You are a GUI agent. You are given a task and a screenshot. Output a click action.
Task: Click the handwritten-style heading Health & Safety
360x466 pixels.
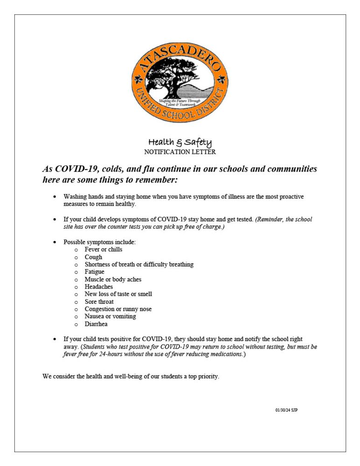click(180, 142)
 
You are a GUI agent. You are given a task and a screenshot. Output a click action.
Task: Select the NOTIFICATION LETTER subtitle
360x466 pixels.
click(180, 152)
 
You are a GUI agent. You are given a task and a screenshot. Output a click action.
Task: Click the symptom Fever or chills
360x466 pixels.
click(103, 250)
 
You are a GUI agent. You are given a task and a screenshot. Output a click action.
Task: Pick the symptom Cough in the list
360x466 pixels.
click(93, 257)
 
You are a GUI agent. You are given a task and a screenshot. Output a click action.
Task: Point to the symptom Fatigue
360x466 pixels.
click(94, 272)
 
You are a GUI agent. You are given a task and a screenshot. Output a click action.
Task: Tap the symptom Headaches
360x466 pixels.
click(98, 287)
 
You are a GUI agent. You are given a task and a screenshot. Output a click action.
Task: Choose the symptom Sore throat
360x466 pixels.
click(99, 302)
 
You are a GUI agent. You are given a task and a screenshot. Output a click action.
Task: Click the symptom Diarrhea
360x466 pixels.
click(96, 324)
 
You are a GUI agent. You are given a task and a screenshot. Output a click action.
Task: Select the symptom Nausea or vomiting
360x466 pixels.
click(110, 316)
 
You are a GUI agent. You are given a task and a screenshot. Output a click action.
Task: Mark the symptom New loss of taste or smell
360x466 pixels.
click(118, 294)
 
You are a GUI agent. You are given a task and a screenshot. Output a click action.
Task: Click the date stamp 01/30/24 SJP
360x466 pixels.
click(286, 410)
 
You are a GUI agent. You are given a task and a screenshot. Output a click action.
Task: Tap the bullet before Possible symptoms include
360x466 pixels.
click(55, 242)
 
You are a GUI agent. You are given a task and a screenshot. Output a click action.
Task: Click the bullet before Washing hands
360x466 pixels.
click(55, 197)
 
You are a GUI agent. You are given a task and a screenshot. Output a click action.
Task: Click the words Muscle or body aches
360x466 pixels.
click(113, 279)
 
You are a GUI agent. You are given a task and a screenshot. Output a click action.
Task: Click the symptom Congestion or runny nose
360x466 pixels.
click(118, 309)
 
